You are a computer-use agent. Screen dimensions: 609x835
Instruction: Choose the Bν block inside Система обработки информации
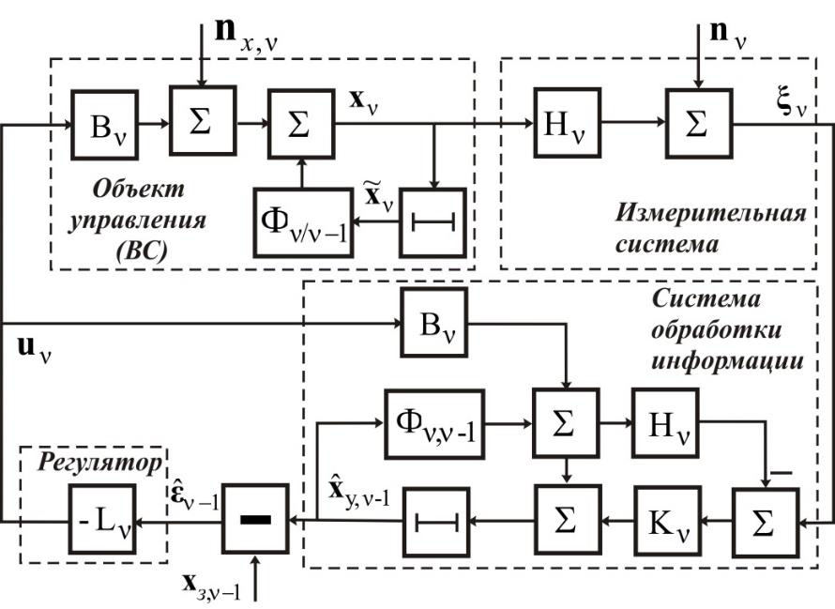pyautogui.click(x=433, y=323)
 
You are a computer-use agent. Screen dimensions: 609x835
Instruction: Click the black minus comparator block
pyautogui.click(x=254, y=517)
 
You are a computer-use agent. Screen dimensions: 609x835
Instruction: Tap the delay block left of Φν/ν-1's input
pyautogui.click(x=433, y=223)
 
